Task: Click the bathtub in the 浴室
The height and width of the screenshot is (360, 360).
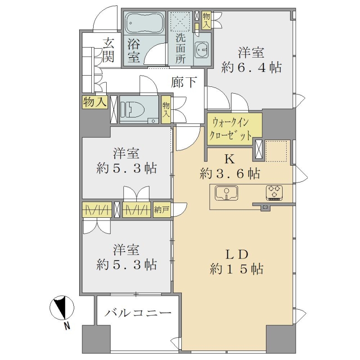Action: point(144,23)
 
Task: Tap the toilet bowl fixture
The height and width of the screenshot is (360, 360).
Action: point(132,109)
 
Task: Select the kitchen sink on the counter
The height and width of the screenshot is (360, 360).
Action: point(226,193)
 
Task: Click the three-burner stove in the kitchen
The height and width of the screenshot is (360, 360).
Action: point(274,193)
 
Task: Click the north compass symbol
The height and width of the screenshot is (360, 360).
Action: point(62,308)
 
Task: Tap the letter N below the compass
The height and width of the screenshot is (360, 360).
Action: point(67,326)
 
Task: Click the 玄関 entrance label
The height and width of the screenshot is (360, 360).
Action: point(108,50)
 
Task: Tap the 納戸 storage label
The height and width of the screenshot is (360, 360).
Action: point(162,210)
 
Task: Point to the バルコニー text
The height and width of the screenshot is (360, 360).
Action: point(138,313)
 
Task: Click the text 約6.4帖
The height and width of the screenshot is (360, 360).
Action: point(252,68)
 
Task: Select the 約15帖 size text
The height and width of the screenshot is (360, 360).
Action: point(237,269)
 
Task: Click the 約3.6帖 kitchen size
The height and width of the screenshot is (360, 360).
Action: point(230,174)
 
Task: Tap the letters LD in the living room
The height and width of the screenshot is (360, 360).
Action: point(237,254)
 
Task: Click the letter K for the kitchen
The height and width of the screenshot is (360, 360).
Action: point(229,159)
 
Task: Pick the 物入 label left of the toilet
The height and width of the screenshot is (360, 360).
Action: point(95,102)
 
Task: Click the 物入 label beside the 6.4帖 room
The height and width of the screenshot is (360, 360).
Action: point(206,20)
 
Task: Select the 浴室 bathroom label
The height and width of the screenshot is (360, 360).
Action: point(133,50)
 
